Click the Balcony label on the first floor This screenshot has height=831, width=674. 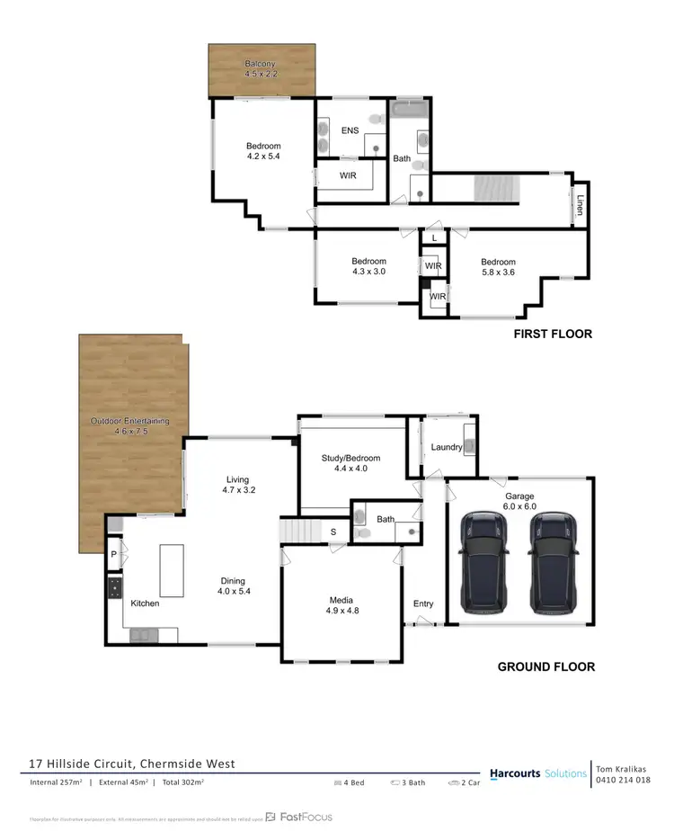[x=263, y=63]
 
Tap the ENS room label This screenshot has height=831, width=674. [x=349, y=130]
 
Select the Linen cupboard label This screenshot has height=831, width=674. [x=581, y=206]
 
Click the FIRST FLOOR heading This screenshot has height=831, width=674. [x=552, y=334]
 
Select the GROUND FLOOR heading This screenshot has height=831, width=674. [x=545, y=666]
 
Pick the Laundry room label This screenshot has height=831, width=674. [x=446, y=447]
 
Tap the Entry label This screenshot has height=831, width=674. [x=423, y=603]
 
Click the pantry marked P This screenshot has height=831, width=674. [x=114, y=555]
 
